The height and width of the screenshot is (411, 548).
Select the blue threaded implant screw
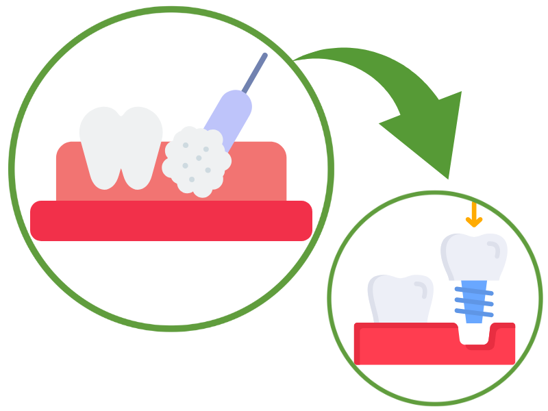tap(473, 301)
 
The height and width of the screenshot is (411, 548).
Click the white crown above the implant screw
tap(475, 257)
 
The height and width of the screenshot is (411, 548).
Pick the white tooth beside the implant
tap(400, 298)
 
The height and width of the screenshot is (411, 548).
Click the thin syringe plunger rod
tap(255, 72)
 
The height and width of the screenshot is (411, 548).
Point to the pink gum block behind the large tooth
tap(260, 171)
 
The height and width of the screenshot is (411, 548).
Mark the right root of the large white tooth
tap(137, 175)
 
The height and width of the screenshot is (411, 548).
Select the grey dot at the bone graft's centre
tap(199, 158)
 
